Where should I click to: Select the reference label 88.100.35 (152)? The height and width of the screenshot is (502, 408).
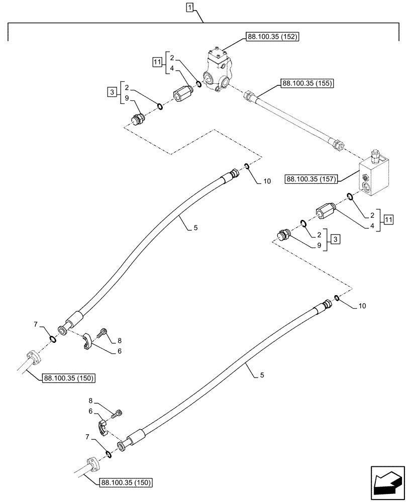point(272,37)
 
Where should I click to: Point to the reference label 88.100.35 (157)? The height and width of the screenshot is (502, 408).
point(312,178)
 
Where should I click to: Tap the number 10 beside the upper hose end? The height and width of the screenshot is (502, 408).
point(266,181)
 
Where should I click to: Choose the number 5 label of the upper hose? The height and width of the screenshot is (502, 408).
point(195,228)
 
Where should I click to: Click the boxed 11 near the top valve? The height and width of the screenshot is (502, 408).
point(157,62)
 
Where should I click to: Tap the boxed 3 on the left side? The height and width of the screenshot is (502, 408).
point(112,91)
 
